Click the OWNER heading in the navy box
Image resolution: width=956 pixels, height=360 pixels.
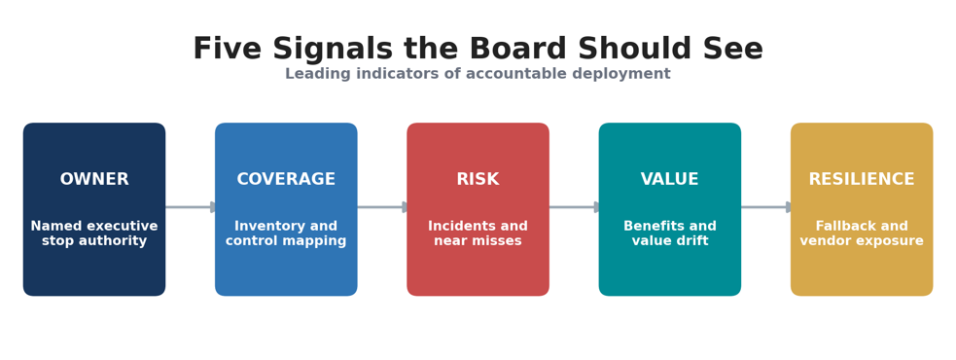pyautogui.click(x=94, y=179)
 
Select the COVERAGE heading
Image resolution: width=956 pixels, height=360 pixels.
pyautogui.click(x=286, y=179)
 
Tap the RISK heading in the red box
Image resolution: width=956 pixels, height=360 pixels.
pyautogui.click(x=478, y=179)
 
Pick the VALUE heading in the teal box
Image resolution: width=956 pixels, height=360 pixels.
pyautogui.click(x=670, y=179)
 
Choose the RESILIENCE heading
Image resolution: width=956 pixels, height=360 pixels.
pyautogui.click(x=862, y=179)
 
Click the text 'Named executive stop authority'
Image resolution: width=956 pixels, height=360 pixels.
pyautogui.click(x=94, y=234)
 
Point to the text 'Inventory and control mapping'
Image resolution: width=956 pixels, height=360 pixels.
pyautogui.click(x=286, y=234)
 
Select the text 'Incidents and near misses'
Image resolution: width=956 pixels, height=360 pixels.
pyautogui.click(x=478, y=234)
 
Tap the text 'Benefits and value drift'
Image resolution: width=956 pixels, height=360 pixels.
pyautogui.click(x=670, y=234)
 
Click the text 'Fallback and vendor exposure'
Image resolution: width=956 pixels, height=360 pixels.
pyautogui.click(x=862, y=234)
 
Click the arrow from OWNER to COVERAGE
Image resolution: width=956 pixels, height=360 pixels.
pyautogui.click(x=191, y=207)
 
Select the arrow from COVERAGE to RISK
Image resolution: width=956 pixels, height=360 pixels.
pyautogui.click(x=382, y=207)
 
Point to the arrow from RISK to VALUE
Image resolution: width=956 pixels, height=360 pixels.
pyautogui.click(x=575, y=207)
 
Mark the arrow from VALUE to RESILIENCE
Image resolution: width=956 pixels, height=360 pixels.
pyautogui.click(x=766, y=207)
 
